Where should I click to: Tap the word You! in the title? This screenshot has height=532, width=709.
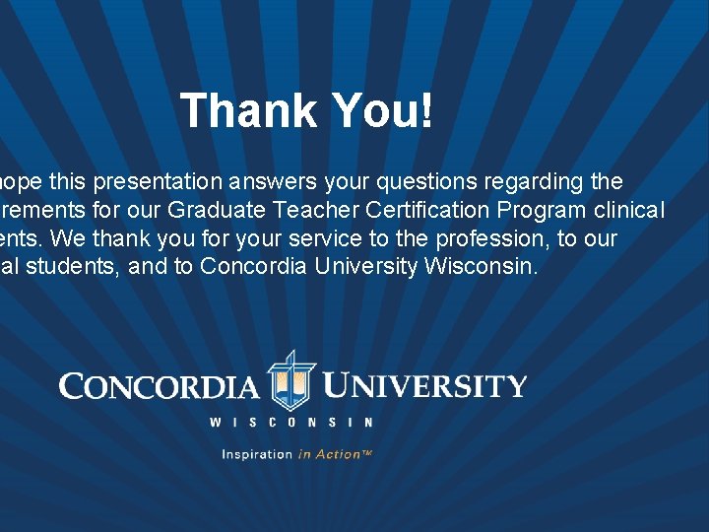coord(381,110)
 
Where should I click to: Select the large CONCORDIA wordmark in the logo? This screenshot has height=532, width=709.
coord(159,385)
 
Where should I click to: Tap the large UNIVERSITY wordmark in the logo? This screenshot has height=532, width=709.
coord(425,385)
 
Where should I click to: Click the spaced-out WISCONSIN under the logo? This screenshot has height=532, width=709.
coord(291,423)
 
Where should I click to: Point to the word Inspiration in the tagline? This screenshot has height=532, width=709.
coord(257,454)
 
